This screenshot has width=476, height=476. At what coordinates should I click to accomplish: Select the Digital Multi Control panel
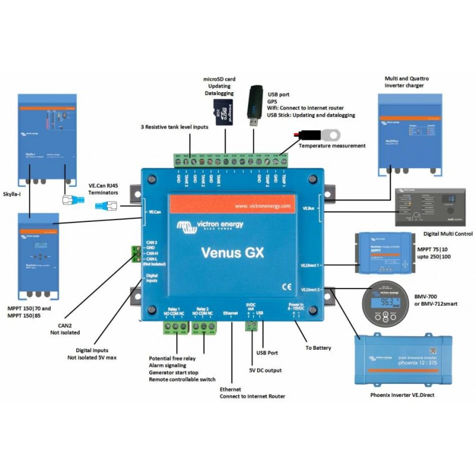433,207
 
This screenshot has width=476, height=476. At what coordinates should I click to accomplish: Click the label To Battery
318,348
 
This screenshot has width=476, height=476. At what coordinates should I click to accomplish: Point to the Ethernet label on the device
230,312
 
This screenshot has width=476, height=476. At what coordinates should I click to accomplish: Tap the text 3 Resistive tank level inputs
174,127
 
